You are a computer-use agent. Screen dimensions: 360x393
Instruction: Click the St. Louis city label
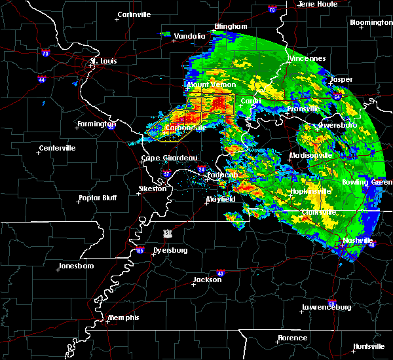(103, 61)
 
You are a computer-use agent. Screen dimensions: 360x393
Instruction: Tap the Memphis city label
(124, 317)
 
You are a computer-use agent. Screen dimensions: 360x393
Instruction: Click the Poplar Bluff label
(98, 197)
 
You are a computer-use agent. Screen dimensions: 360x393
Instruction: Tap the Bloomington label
(371, 22)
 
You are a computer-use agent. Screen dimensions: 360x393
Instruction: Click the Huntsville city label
(369, 346)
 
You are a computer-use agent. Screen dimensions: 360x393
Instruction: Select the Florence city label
(292, 338)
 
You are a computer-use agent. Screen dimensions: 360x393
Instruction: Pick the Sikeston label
(152, 189)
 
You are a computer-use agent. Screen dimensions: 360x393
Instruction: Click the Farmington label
(97, 124)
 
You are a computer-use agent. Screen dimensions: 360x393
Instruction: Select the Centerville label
(58, 148)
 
